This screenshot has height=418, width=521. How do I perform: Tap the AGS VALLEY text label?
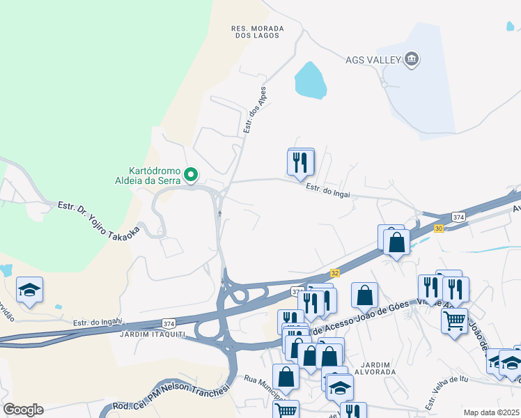373,59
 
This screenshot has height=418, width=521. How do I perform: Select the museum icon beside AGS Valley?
412,59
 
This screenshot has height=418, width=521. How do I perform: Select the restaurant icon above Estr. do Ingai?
301,162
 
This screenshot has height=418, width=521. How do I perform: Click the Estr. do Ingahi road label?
98,322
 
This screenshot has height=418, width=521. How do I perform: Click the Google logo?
23,409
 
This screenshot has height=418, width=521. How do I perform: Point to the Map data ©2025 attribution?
491,412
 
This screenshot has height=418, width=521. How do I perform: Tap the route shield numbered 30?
438,228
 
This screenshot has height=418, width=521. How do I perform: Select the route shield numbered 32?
335,273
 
